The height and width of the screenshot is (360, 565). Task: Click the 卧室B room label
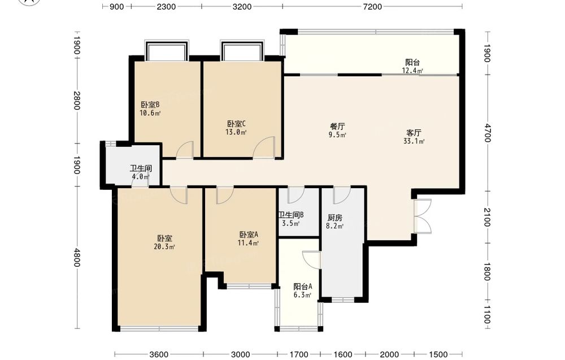coord(150,105)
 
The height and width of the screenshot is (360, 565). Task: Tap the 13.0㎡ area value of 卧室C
coord(236,132)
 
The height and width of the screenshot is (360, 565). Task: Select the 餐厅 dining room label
coord(338,127)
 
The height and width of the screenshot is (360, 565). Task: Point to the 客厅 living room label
coord(414,133)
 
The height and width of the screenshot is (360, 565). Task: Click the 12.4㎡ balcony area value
coord(412,71)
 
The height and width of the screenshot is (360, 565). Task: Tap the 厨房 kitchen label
coord(334,218)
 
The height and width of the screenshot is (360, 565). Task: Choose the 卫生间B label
coord(291,215)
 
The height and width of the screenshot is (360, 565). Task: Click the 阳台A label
coord(303,287)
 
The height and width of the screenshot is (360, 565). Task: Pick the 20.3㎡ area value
coord(164,247)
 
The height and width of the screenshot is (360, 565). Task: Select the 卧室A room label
coord(249,235)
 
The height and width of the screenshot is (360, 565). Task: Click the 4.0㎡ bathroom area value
coord(140,176)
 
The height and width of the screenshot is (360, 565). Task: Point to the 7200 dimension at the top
coord(372,6)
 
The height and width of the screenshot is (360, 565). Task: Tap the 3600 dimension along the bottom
coord(159,354)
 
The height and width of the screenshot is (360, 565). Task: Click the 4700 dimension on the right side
coord(487,133)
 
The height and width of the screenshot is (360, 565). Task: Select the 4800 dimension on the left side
coord(76,257)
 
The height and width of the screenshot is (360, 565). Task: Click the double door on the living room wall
coord(422,216)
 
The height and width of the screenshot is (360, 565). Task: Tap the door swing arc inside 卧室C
coord(263,147)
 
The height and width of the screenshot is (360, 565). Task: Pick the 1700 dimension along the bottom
coord(299,354)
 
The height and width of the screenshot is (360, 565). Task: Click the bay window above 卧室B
coord(167,50)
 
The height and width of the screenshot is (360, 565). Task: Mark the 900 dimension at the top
coord(117,6)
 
